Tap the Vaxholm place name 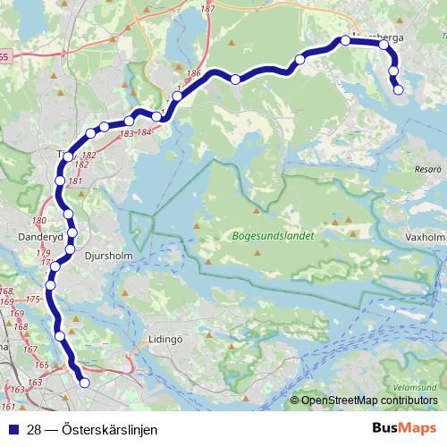pyautogui.click(x=425, y=238)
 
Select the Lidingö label pyautogui.click(x=164, y=340)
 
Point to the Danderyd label pyautogui.click(x=40, y=238)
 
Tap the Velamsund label pyautogui.click(x=413, y=387)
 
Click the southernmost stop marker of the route pyautogui.click(x=85, y=383)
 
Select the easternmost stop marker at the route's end pyautogui.click(x=399, y=89)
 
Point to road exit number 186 pyautogui.click(x=194, y=72)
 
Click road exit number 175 pyautogui.click(x=33, y=299)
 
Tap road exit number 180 pyautogui.click(x=38, y=221)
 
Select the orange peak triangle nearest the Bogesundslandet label pyautogui.click(x=257, y=211)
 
